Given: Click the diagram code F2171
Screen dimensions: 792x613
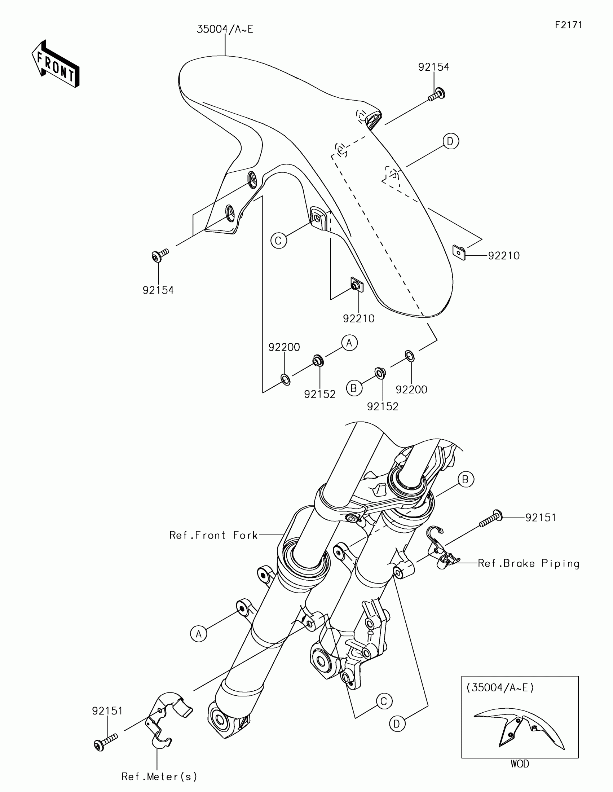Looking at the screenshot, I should pyautogui.click(x=568, y=25).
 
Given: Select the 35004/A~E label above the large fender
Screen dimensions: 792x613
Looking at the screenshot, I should pyautogui.click(x=225, y=29).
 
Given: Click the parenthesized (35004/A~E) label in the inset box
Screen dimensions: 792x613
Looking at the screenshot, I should pyautogui.click(x=500, y=687).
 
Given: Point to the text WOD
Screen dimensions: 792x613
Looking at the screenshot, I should pyautogui.click(x=520, y=764).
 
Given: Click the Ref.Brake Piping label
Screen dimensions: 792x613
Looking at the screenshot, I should pyautogui.click(x=529, y=563).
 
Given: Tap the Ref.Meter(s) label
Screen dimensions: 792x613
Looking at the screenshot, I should pyautogui.click(x=159, y=776).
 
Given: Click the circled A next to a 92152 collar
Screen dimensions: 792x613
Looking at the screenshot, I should pyautogui.click(x=349, y=343).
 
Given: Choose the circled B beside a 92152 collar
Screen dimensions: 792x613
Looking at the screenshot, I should pyautogui.click(x=354, y=388).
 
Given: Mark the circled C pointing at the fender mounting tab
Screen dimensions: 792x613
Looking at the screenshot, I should pyautogui.click(x=279, y=241).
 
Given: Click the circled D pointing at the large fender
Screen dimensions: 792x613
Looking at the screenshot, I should pyautogui.click(x=450, y=141).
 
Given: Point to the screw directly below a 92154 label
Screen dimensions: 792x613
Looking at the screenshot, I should pyautogui.click(x=436, y=94).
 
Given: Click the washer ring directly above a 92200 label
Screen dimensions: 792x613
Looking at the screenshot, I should pyautogui.click(x=410, y=356).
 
